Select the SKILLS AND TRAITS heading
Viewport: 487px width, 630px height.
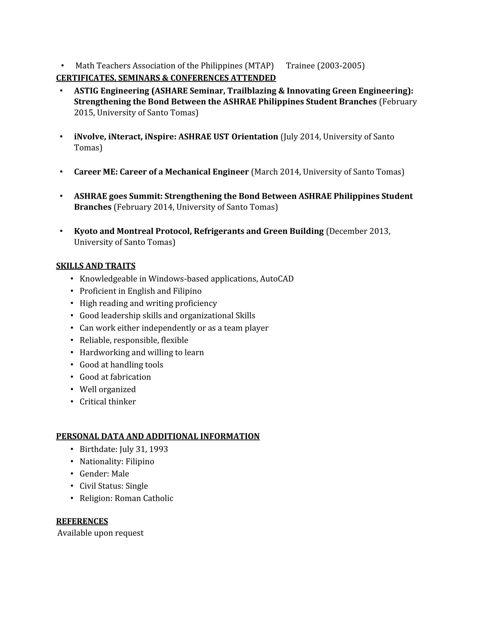tap(96, 266)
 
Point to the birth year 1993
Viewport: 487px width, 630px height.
tap(158, 449)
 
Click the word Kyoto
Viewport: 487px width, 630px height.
tap(86, 231)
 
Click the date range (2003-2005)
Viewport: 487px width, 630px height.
tap(341, 66)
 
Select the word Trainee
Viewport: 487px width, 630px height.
tap(300, 66)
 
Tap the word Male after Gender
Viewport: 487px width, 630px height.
tap(120, 474)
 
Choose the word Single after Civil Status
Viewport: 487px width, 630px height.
tap(137, 486)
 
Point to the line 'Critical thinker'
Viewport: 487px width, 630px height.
tap(108, 402)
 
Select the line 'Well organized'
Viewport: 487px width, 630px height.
tap(108, 389)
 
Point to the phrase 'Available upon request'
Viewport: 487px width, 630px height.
tap(100, 533)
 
